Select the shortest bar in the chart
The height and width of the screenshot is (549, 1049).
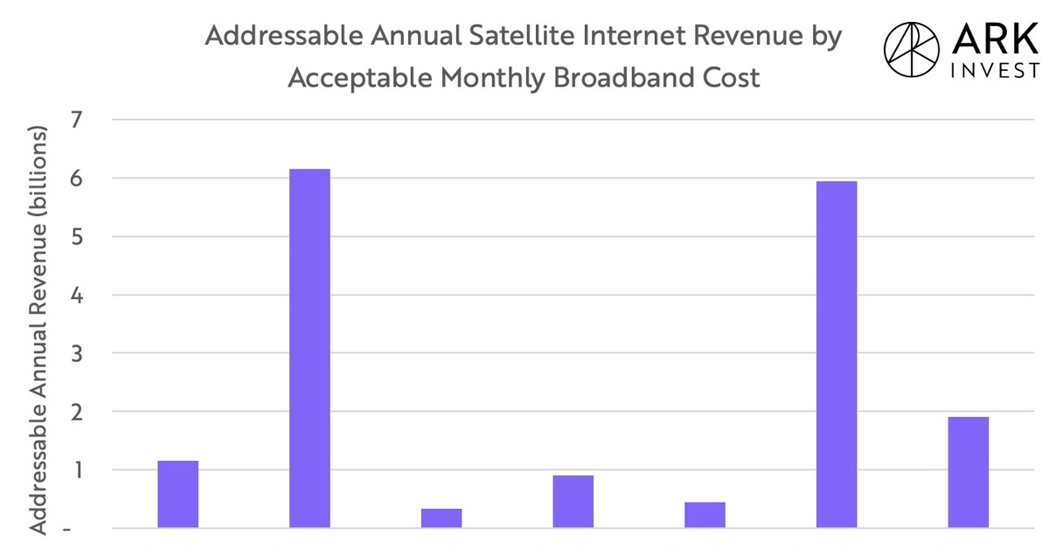[x=441, y=518]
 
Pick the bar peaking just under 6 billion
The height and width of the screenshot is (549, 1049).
[x=836, y=354]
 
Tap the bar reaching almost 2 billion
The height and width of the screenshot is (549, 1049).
[x=968, y=472]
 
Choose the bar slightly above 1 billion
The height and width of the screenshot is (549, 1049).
[x=177, y=494]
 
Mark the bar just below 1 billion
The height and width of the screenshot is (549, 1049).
[x=573, y=501]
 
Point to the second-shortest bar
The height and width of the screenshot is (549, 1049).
[x=705, y=514]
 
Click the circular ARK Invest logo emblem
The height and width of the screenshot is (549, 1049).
[x=914, y=50]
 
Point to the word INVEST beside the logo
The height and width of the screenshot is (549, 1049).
[x=994, y=71]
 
